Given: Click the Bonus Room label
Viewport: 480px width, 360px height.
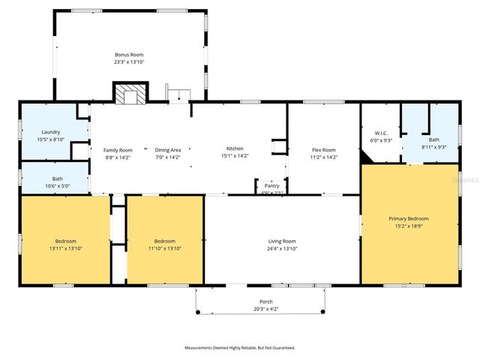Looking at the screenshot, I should pyautogui.click(x=129, y=55).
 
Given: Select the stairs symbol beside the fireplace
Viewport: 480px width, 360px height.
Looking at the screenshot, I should pyautogui.click(x=178, y=94).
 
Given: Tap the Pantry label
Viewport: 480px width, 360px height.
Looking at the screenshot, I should pyautogui.click(x=271, y=185).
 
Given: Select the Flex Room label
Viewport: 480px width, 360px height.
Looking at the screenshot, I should pyautogui.click(x=323, y=150).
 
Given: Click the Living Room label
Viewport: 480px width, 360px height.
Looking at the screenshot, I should pyautogui.click(x=282, y=241).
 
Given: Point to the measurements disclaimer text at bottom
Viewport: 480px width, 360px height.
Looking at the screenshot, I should pyautogui.click(x=240, y=347).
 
